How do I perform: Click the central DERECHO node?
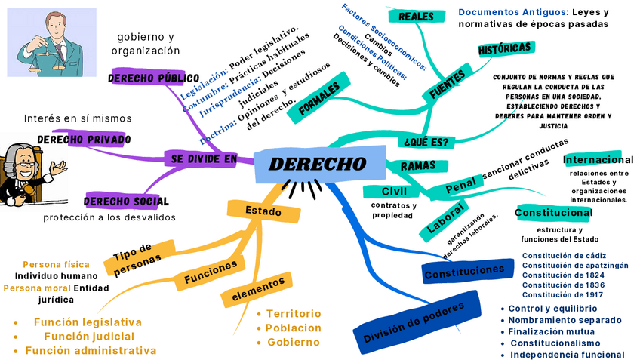(x=318, y=165)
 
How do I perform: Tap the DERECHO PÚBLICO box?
(x=153, y=78)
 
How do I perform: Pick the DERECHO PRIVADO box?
(x=84, y=140)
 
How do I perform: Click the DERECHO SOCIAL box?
(x=126, y=202)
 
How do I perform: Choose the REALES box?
(x=416, y=17)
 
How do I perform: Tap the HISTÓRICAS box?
(x=505, y=48)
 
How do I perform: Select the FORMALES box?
(x=324, y=97)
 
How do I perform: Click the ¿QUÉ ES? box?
(x=426, y=142)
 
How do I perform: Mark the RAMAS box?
(x=418, y=165)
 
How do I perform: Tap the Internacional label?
(x=598, y=160)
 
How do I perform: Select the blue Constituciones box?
(x=463, y=273)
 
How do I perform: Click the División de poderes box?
(x=417, y=320)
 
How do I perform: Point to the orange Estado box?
(x=263, y=211)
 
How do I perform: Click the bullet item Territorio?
(x=293, y=314)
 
